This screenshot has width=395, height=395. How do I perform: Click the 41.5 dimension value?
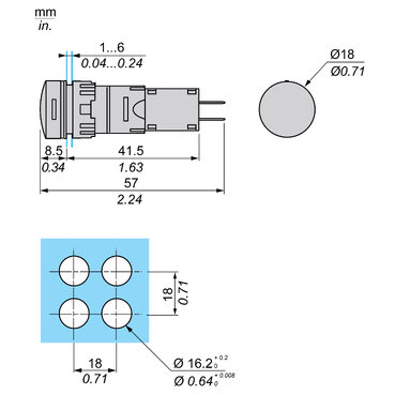131,151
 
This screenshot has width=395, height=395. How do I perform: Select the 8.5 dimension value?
53,151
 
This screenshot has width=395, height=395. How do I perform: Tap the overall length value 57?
131,183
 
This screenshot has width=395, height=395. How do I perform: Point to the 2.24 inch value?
130,199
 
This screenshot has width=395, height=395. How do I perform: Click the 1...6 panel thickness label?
112,48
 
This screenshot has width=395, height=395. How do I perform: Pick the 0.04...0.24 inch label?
112,63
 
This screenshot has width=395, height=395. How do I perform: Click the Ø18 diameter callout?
343,54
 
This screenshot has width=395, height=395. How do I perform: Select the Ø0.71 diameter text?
348,71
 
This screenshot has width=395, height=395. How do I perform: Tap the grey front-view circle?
287,108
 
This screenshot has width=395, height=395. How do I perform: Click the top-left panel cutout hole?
74,271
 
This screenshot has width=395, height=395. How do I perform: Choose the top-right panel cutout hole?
117,271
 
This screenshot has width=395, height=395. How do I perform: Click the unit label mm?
45,13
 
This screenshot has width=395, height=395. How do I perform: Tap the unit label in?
45,26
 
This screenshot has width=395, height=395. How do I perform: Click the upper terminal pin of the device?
212,102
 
